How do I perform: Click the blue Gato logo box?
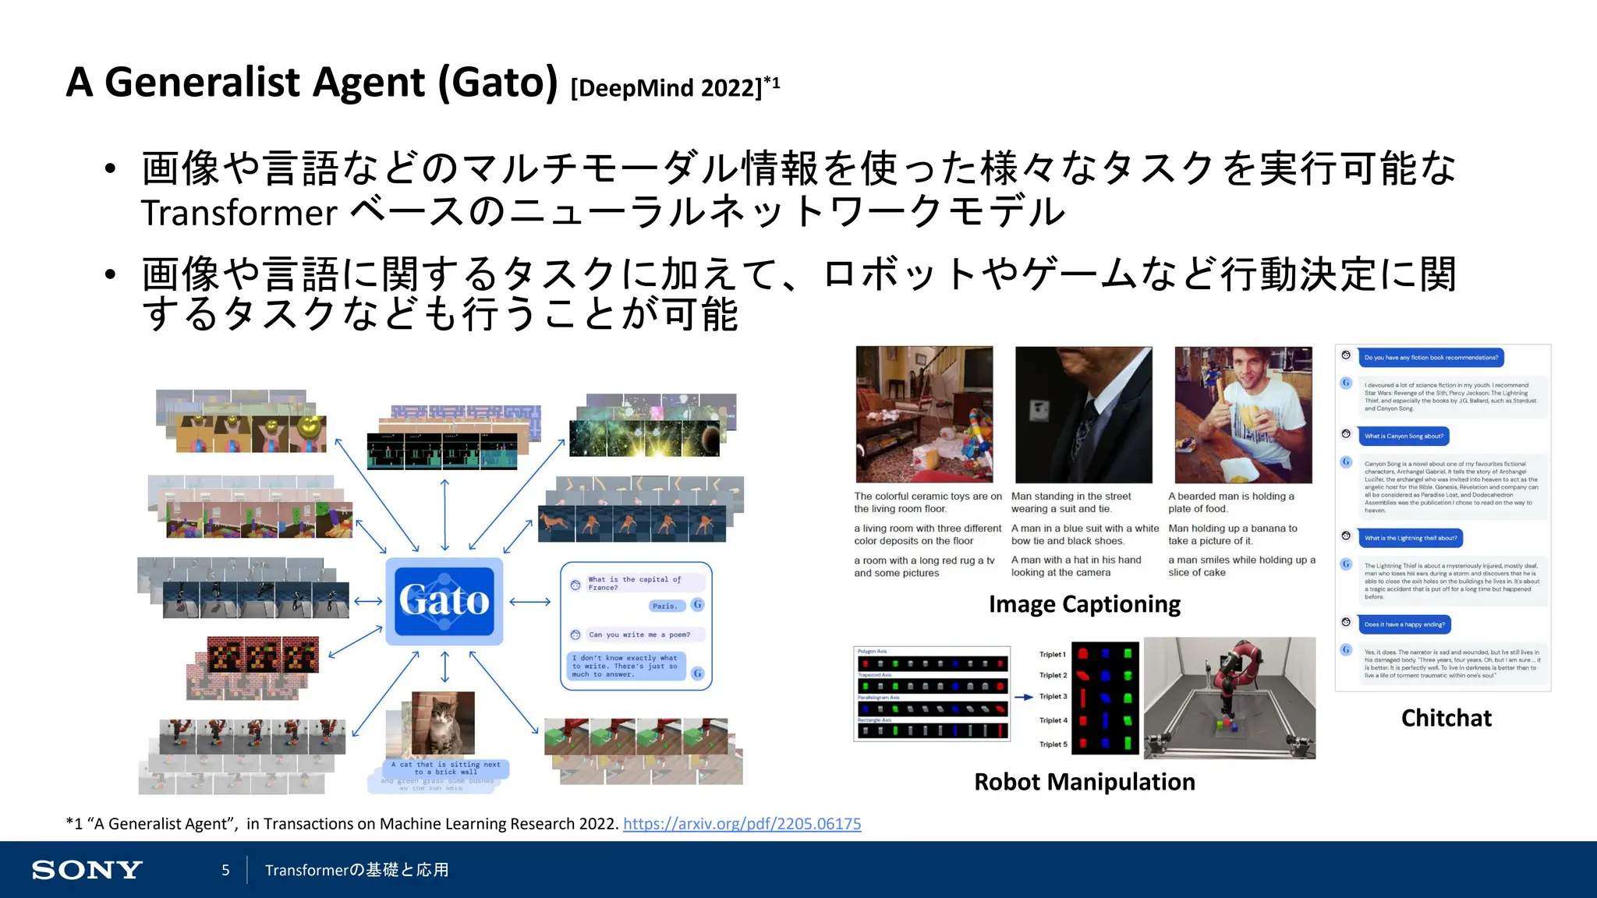coord(444,601)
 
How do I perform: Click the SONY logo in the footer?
coord(87,870)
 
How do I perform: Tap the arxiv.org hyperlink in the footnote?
coord(742,824)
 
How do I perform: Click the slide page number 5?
coord(225,870)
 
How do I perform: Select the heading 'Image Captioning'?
coord(1084,604)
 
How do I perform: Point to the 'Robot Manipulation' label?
coord(1084,782)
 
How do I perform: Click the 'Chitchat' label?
coord(1446,718)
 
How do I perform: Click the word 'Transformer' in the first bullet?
coord(239,213)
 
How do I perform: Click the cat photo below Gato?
coord(442,723)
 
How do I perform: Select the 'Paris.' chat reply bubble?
coord(665,606)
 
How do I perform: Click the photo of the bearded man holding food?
coord(1243,415)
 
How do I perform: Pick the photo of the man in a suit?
coord(1083,415)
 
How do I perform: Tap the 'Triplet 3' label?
coord(1053,697)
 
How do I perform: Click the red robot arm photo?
coord(1230,698)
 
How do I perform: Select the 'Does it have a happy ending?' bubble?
coord(1404,624)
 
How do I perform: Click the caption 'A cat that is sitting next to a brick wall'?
coord(446,769)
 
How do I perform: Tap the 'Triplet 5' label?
coord(1053,744)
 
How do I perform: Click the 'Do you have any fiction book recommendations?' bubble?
coord(1430,358)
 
